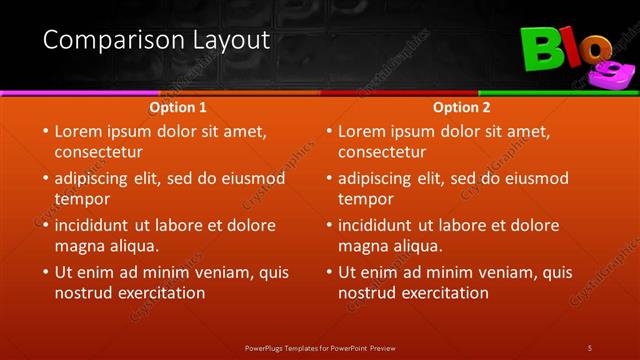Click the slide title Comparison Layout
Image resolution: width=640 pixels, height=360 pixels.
[x=157, y=40]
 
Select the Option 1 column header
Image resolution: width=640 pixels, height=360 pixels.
[x=178, y=106]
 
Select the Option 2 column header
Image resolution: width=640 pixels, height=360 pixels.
[x=462, y=106]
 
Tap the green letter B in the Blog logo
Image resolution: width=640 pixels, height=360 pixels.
[x=541, y=50]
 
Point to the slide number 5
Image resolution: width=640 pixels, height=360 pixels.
[x=590, y=347]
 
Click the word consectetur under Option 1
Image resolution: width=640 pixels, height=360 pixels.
[x=98, y=152]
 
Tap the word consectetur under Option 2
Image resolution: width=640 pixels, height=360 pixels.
[x=382, y=152]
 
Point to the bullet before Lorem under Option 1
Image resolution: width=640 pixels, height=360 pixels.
[x=44, y=131]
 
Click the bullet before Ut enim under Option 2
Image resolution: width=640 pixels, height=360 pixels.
[x=328, y=272]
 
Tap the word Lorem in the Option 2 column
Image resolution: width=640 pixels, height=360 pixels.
[x=363, y=131]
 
